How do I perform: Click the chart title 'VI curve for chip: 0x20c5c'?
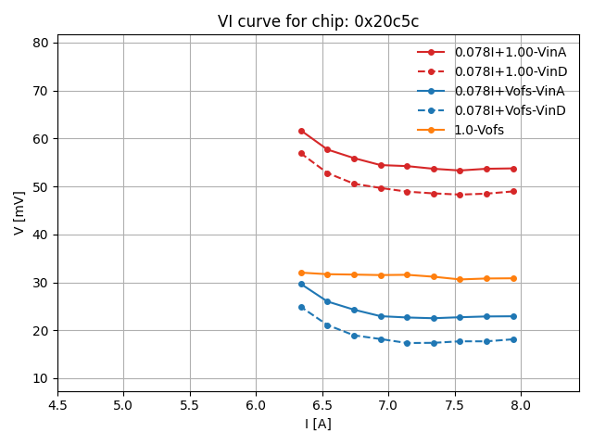[x=318, y=21]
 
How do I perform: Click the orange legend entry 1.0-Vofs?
[x=479, y=130]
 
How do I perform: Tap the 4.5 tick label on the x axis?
[x=57, y=405]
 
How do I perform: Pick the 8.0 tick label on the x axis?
[x=520, y=405]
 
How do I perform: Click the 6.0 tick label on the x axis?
[x=256, y=405]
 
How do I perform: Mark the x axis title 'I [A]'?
[x=318, y=424]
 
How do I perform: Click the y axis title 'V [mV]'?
[x=19, y=212]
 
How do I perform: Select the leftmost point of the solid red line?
[x=301, y=131]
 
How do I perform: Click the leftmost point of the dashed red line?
[x=301, y=153]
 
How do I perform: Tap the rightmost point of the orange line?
[x=513, y=278]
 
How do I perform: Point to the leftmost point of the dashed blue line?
[x=301, y=307]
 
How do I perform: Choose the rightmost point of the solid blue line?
[x=513, y=316]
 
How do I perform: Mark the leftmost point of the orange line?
[x=301, y=273]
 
